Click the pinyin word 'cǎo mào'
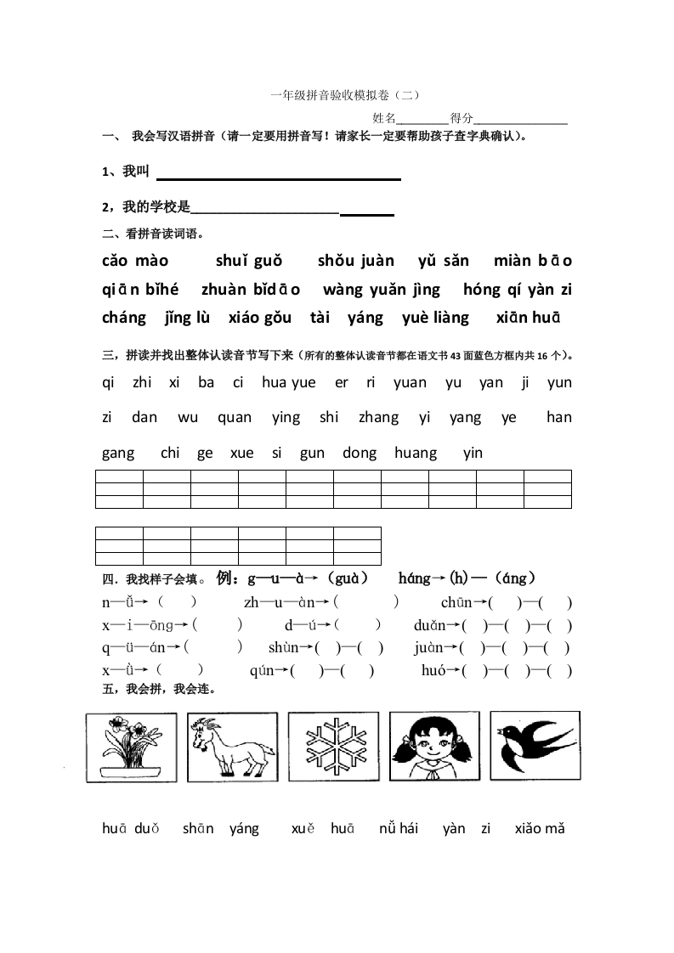135,261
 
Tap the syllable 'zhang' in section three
378,417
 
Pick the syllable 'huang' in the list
416,453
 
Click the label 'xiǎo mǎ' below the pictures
539,828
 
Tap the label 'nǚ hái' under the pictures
399,828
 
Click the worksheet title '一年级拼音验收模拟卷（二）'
344,96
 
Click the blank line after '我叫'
279,176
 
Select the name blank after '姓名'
423,120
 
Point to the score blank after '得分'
520,120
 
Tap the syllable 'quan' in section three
235,417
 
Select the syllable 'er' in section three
342,382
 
